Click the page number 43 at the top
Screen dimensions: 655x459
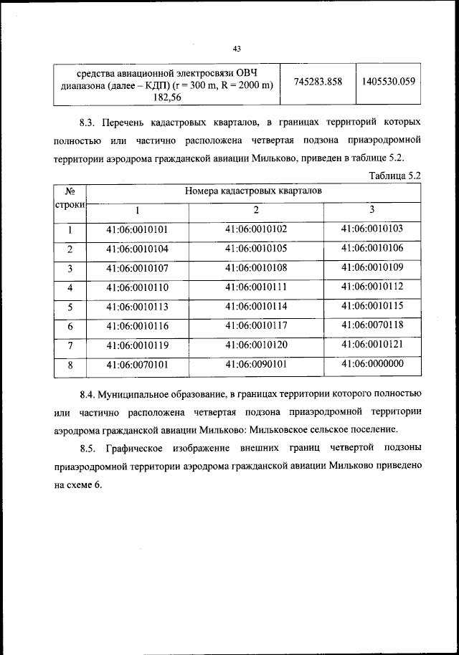(237, 48)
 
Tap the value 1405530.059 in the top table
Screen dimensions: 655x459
(388, 81)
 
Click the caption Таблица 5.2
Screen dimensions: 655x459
(394, 175)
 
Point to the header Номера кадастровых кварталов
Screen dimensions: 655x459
(253, 191)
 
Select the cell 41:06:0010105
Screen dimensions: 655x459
(255, 249)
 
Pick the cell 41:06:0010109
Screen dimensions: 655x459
(372, 268)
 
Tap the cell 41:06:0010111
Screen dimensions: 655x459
(255, 287)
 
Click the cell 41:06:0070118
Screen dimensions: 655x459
(372, 325)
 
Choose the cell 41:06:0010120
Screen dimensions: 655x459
(255, 345)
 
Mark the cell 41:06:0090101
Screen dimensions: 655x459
(255, 364)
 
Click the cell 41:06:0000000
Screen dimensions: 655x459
(372, 364)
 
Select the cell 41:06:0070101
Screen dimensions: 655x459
(136, 364)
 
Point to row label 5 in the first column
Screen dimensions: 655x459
(70, 307)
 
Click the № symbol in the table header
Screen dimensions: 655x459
(70, 191)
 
